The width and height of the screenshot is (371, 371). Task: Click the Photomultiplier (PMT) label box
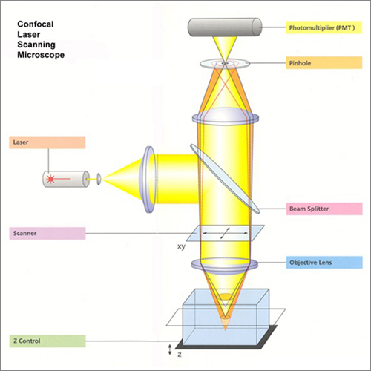point(324,28)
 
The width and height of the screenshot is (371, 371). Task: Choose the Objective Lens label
point(324,263)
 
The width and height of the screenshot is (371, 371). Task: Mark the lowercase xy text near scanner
point(181,246)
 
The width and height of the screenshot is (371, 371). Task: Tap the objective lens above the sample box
point(224,263)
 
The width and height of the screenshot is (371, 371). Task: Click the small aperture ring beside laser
point(99,178)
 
